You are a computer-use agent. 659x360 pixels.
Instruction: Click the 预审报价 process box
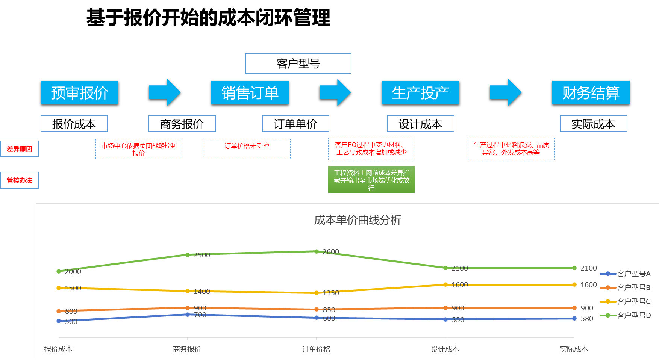[79, 92]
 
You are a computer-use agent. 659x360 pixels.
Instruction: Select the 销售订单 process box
[250, 92]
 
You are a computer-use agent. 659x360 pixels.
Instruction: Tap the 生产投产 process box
[420, 92]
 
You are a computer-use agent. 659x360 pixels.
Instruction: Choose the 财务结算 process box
[591, 92]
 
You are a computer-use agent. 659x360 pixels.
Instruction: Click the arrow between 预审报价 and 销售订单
[165, 92]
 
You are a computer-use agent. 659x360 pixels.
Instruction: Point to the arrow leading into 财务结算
[506, 92]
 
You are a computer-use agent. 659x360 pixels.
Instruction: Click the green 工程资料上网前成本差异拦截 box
[371, 180]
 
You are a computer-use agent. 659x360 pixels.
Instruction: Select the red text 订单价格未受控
[247, 146]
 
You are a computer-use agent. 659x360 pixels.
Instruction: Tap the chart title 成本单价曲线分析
[358, 220]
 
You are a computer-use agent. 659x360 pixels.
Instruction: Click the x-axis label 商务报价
[187, 349]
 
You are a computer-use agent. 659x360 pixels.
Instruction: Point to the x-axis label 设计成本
[445, 349]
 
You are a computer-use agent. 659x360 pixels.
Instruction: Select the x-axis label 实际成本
[574, 349]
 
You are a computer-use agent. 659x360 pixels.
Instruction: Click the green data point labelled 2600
[317, 251]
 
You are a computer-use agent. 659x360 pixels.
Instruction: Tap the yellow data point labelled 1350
[317, 293]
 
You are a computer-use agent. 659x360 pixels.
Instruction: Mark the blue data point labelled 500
[59, 321]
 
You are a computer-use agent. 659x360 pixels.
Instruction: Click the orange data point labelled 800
[59, 311]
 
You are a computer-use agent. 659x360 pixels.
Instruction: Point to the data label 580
[587, 319]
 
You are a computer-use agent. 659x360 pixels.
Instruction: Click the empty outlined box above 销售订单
[298, 63]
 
